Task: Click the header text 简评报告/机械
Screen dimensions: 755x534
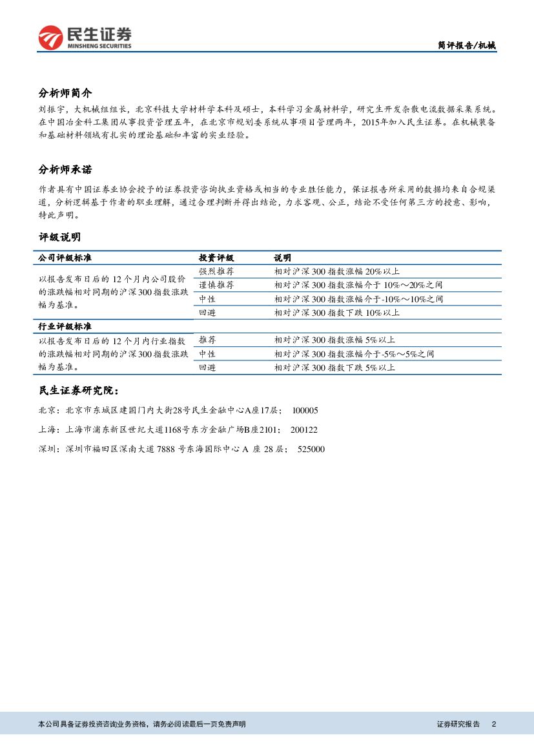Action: coord(467,45)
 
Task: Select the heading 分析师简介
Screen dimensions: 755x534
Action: coord(65,93)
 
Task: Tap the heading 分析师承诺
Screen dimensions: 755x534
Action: coord(65,170)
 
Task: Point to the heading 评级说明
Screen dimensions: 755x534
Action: coord(59,237)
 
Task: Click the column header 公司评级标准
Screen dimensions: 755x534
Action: coord(65,258)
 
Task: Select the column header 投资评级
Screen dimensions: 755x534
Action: coord(216,258)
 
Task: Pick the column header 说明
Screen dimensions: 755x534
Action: coord(282,258)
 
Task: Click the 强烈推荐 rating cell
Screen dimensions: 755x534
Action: coord(216,271)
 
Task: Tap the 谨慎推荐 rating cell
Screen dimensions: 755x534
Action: coord(216,285)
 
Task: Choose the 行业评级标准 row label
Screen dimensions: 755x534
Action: coord(65,326)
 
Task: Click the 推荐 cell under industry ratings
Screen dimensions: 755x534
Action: coord(207,340)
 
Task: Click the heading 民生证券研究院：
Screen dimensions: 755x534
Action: coord(79,391)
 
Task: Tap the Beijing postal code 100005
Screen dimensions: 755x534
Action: coord(305,411)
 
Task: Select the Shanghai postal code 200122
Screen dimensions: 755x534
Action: coord(303,430)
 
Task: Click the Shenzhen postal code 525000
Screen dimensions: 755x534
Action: coord(311,450)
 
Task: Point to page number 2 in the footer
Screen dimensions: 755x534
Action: coord(494,725)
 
